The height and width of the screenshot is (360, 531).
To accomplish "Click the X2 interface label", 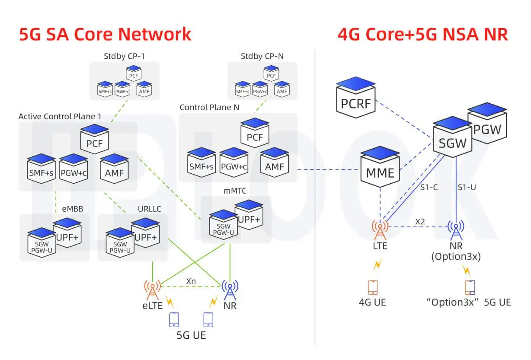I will pyautogui.click(x=420, y=221).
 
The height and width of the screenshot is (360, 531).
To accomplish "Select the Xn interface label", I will pyautogui.click(x=191, y=281).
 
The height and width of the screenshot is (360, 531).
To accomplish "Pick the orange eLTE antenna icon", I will pyautogui.click(x=152, y=290).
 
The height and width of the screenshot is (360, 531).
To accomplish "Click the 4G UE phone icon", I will pyautogui.click(x=373, y=287).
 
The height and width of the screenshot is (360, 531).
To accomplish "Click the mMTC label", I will pyautogui.click(x=234, y=190).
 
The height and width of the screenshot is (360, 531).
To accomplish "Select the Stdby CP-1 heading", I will pyautogui.click(x=124, y=56).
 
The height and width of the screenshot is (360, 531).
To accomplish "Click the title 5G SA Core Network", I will pyautogui.click(x=105, y=34).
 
